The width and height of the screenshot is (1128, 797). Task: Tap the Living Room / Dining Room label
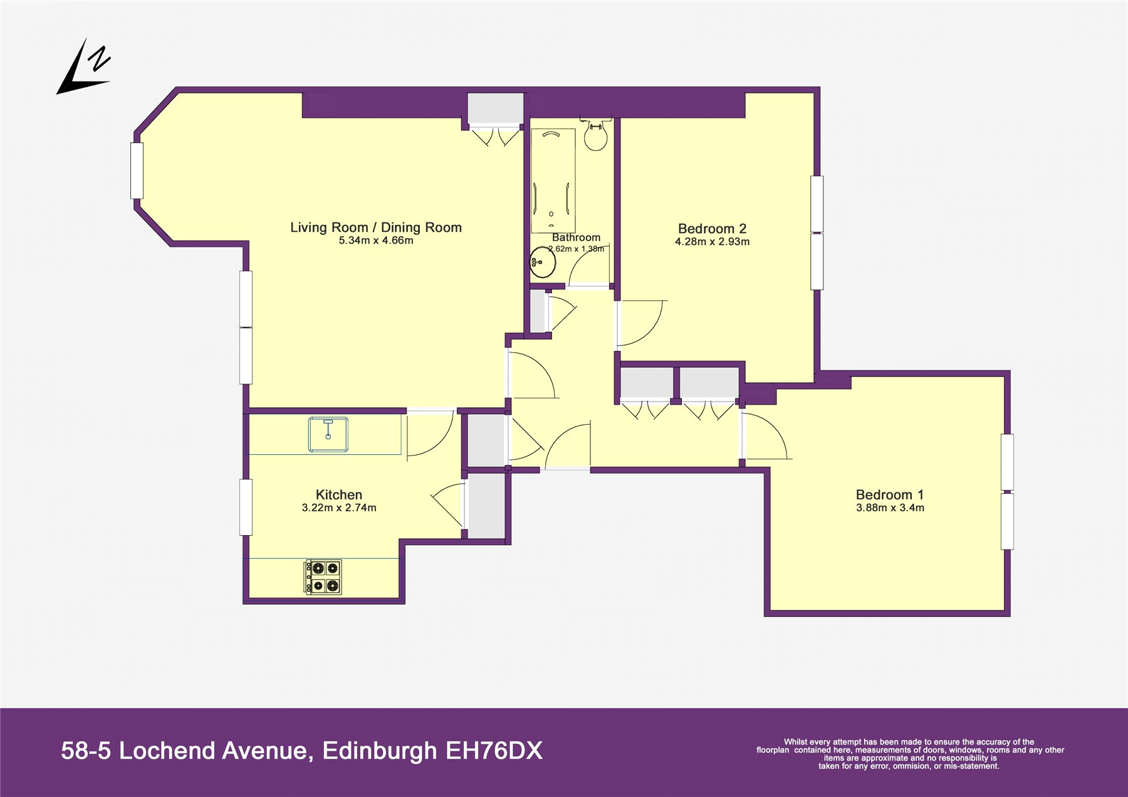(x=376, y=227)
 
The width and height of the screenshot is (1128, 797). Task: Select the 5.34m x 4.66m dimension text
(x=376, y=241)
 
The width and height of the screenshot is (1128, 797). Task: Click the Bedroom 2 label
(x=712, y=229)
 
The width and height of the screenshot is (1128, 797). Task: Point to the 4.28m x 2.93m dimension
(x=712, y=242)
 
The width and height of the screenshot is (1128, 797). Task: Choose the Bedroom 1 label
(x=890, y=495)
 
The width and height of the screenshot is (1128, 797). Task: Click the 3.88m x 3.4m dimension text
(x=890, y=508)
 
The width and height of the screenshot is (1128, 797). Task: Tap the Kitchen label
(x=339, y=495)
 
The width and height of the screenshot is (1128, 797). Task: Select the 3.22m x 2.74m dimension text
(x=339, y=508)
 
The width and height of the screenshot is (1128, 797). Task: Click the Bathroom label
(x=576, y=237)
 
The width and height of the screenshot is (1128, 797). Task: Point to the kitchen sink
(x=328, y=435)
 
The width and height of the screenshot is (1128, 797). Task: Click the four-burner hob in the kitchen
(x=323, y=577)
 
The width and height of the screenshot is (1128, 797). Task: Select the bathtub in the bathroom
(x=553, y=180)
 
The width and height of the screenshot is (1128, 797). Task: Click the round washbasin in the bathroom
(x=542, y=263)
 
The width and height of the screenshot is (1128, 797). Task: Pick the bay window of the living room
(x=137, y=171)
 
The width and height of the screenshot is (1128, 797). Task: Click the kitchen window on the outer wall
(x=246, y=508)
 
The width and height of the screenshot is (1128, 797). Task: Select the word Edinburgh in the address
(x=380, y=751)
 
